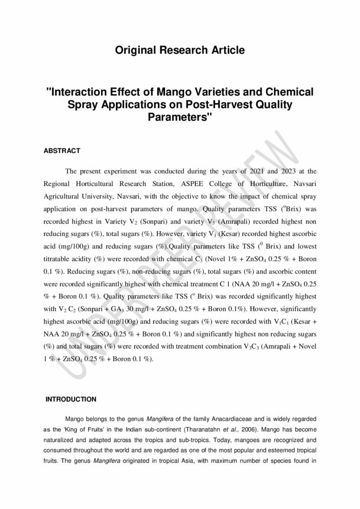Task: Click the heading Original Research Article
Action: [x=180, y=50]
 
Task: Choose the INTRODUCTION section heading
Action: [x=71, y=399]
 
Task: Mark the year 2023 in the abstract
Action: [x=276, y=171]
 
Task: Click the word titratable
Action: [x=59, y=259]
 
